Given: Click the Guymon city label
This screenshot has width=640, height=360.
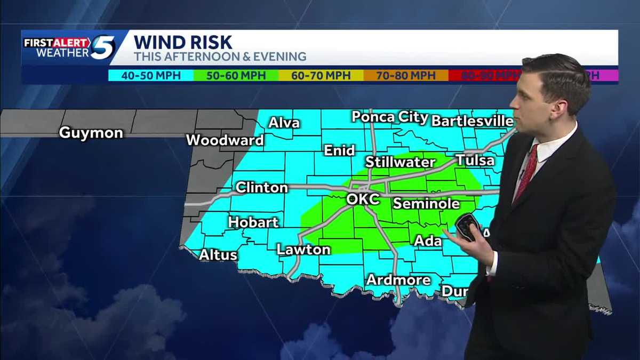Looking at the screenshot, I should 90,133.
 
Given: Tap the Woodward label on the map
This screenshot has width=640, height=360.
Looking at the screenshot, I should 225,140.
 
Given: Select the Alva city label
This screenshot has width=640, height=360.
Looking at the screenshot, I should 284,123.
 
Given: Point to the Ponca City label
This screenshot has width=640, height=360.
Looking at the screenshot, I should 390,117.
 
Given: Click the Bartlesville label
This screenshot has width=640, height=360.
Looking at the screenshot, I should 472,121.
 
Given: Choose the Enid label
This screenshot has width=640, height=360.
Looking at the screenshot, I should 340,150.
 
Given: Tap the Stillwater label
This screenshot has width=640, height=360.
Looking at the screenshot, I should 400,162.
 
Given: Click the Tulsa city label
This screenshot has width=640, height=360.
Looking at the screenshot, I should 475,160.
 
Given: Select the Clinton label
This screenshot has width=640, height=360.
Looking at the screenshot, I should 261,188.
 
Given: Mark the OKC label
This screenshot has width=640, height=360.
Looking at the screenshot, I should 363,199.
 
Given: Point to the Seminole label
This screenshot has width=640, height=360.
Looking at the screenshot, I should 426,204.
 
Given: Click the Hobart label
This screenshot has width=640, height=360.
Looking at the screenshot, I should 253,222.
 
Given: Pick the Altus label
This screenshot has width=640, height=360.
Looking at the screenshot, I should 218,255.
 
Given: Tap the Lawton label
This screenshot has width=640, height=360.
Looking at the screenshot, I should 303,250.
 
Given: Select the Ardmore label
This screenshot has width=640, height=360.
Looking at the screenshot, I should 398,280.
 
